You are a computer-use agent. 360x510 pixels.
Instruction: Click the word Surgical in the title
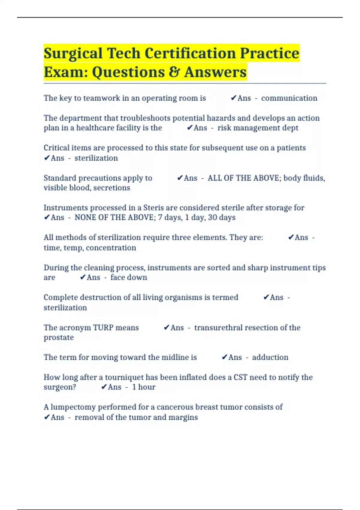coord(73,54)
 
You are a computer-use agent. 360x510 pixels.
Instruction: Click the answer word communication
coord(289,98)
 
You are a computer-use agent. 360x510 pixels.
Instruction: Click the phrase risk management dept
coord(258,128)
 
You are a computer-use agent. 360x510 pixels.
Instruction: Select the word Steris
coord(154,208)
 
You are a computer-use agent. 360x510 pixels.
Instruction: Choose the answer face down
coord(129,277)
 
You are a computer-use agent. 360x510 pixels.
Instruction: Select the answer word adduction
coord(270,357)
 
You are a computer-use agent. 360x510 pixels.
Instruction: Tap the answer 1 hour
coord(144,387)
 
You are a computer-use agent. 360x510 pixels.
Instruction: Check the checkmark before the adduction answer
coord(224,357)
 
